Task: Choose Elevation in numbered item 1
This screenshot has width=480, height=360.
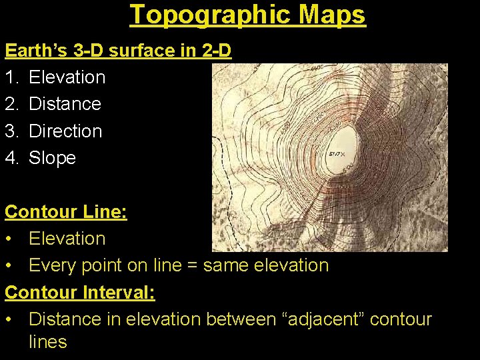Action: coord(67,77)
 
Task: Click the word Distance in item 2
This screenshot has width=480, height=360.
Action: coord(65,104)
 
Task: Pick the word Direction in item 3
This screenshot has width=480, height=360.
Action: coord(65,131)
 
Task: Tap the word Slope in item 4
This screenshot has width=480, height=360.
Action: coord(52,158)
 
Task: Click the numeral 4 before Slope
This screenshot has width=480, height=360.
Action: coord(11,158)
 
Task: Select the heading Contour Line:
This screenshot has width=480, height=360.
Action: coord(66,212)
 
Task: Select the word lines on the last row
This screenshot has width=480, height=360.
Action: coord(48,342)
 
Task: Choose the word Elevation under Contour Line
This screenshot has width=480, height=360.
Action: coord(67,239)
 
